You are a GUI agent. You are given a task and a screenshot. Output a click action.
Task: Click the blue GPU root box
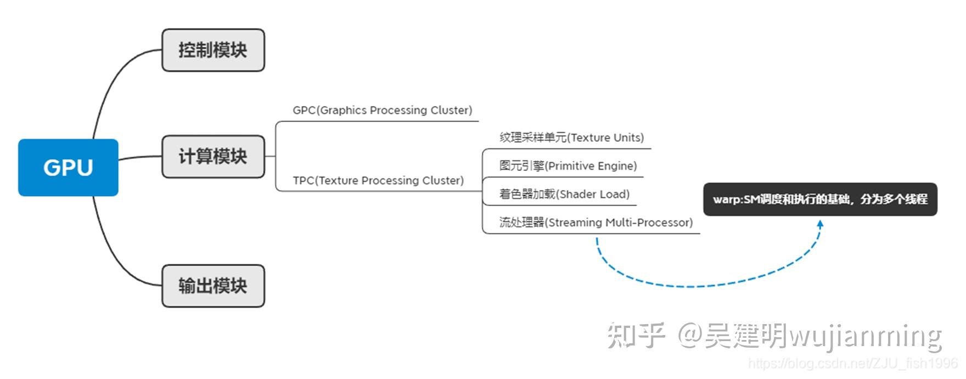click(x=68, y=168)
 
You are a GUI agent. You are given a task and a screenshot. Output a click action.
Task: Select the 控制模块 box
click(x=213, y=51)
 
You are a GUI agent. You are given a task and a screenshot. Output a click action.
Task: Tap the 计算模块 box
click(x=213, y=157)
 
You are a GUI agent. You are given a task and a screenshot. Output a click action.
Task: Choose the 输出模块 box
click(x=213, y=286)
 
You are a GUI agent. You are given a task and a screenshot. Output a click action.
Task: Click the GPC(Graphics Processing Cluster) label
click(x=382, y=110)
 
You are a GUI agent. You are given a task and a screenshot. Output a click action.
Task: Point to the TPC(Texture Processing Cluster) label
click(x=378, y=181)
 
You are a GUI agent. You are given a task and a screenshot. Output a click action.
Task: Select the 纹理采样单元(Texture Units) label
click(x=571, y=138)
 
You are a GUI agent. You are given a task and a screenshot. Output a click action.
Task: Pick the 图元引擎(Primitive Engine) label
click(x=568, y=166)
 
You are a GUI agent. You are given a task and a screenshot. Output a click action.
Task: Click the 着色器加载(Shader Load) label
click(x=564, y=194)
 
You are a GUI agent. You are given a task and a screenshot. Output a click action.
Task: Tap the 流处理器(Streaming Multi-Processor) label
click(x=596, y=222)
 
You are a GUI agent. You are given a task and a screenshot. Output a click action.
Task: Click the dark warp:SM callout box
click(x=820, y=199)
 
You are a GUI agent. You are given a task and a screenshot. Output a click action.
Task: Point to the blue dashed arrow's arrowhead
click(x=821, y=224)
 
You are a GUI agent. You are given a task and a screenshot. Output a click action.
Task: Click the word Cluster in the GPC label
click(x=451, y=110)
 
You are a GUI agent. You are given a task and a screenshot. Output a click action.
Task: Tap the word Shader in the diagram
click(x=577, y=194)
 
